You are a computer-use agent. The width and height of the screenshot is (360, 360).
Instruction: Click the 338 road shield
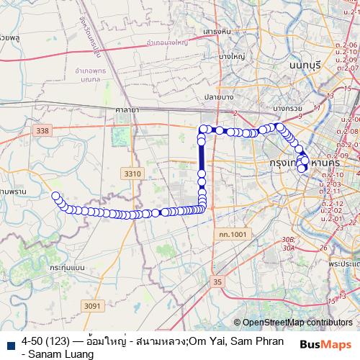pyautogui.click(x=42, y=130)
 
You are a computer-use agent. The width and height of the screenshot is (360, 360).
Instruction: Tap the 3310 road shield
pyautogui.click(x=132, y=174)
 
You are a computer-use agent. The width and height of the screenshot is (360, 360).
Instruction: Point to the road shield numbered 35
pyautogui.click(x=218, y=282)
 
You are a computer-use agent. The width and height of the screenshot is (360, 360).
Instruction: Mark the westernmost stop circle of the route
pyautogui.click(x=55, y=195)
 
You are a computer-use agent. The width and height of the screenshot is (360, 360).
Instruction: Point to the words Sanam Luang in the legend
pyautogui.click(x=48, y=354)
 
